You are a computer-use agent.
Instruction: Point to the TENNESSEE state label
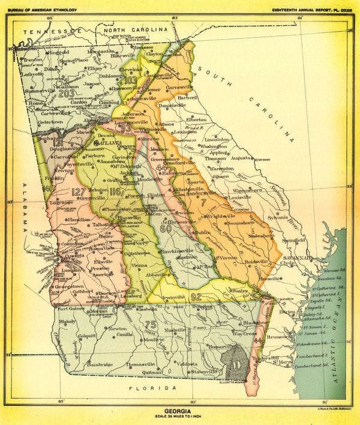click(48, 31)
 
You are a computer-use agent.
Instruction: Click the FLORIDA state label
click(144, 389)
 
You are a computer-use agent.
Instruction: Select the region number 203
click(67, 93)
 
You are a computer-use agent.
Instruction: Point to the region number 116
click(116, 192)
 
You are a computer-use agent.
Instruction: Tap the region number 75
click(151, 325)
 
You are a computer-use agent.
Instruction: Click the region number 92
click(196, 296)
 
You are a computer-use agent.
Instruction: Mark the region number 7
click(203, 203)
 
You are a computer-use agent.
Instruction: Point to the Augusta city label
click(243, 158)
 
